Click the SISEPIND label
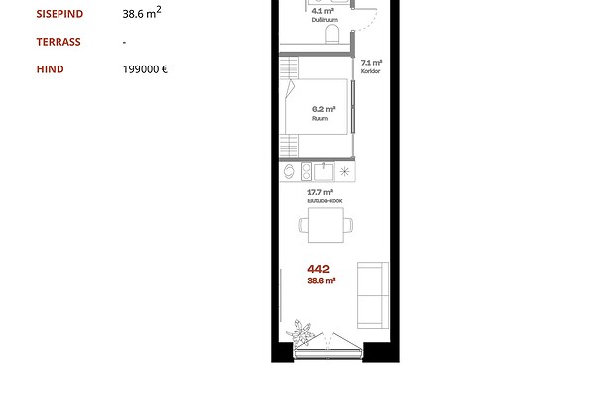point(59,14)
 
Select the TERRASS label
point(59,42)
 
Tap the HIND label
point(51,69)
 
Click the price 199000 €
point(145,69)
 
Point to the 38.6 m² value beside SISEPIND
point(142,13)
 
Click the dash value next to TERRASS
point(124,42)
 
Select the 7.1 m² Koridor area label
point(371,66)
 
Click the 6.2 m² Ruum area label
point(323,113)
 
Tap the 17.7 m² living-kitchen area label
point(325,197)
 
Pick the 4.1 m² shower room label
point(324,15)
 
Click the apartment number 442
point(318,269)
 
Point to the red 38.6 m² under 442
point(321,281)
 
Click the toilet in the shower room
point(332,34)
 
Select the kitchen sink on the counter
point(323,171)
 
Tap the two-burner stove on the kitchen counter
point(306,171)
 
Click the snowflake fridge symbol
point(344,171)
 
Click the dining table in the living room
point(326,225)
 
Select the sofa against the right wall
point(373,295)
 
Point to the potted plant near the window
point(299,332)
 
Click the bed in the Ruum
point(316,107)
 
